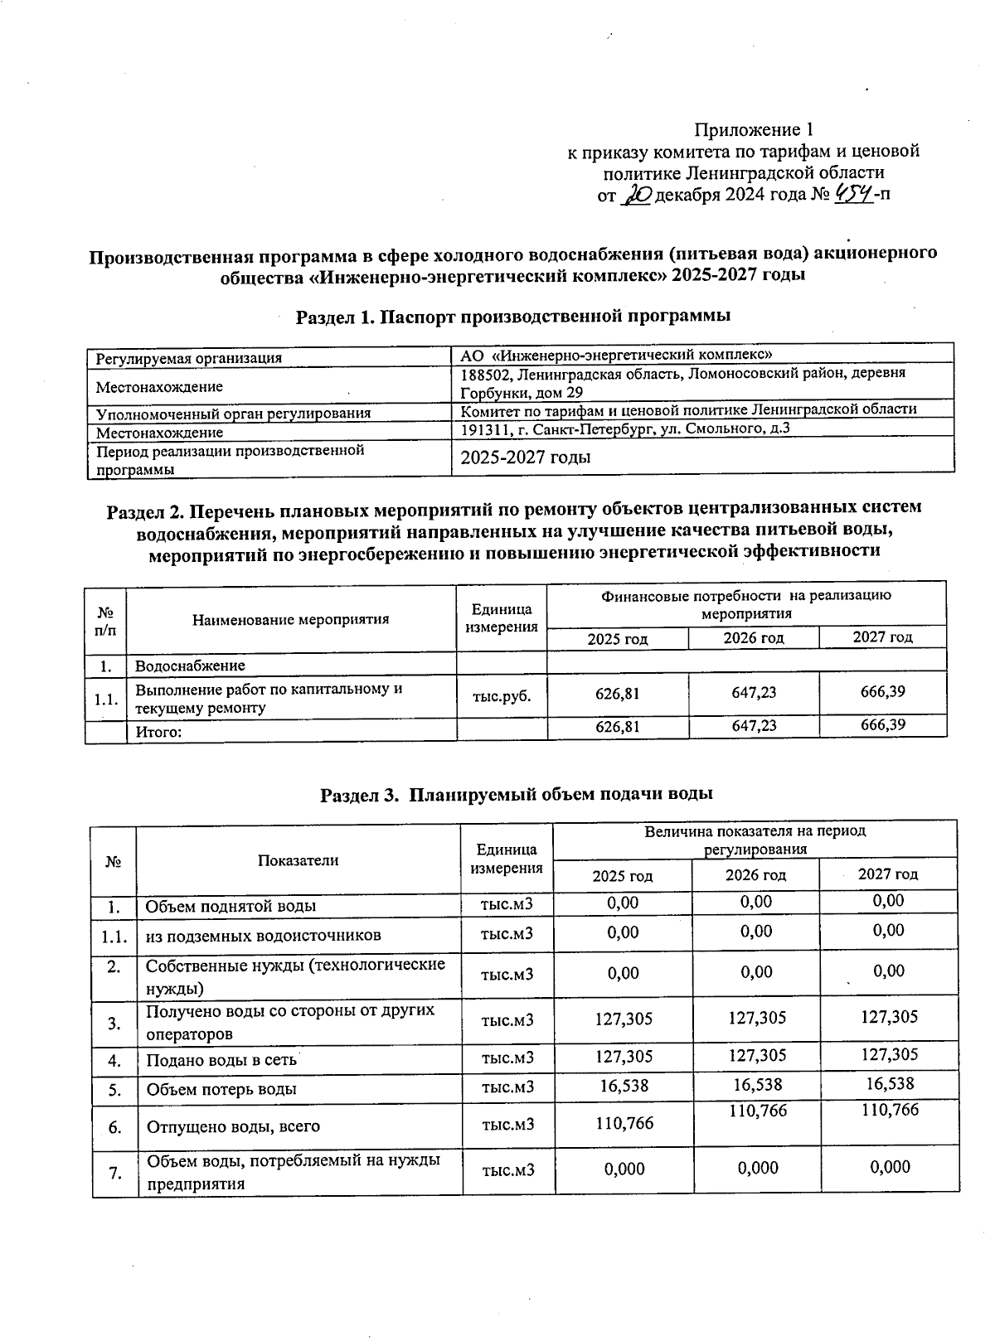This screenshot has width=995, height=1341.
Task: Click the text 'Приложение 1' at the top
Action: pyautogui.click(x=754, y=130)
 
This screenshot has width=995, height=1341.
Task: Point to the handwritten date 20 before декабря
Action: pyautogui.click(x=638, y=196)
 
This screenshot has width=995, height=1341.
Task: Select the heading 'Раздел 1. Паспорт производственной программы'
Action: pyautogui.click(x=513, y=316)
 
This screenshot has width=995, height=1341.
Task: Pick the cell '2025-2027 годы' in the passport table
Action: pyautogui.click(x=526, y=457)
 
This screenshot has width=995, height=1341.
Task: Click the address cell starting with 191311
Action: pyautogui.click(x=625, y=428)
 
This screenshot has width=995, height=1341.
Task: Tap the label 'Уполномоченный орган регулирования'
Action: pyautogui.click(x=233, y=413)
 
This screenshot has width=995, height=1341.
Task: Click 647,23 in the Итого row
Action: pyautogui.click(x=754, y=726)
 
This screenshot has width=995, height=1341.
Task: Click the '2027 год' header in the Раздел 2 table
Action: pyautogui.click(x=882, y=637)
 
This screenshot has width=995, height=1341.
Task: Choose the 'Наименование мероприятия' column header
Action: pyautogui.click(x=290, y=619)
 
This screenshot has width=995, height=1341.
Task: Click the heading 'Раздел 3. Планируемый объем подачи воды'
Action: pyautogui.click(x=517, y=794)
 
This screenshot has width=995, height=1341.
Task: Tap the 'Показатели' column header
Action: pyautogui.click(x=298, y=859)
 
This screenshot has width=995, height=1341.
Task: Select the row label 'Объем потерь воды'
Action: pyautogui.click(x=221, y=1089)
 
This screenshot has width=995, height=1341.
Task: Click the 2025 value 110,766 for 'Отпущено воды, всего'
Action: pyautogui.click(x=624, y=1123)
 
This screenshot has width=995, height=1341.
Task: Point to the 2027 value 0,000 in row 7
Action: pyautogui.click(x=890, y=1167)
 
